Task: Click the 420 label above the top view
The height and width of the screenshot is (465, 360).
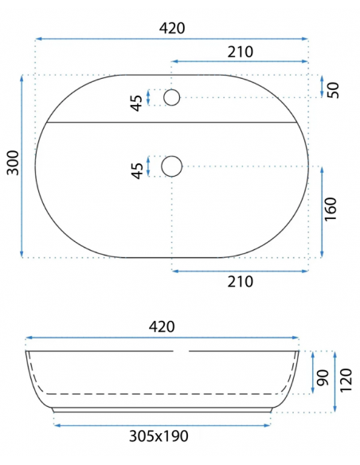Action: coord(172,29)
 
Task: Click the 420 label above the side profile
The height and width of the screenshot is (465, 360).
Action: coord(162,326)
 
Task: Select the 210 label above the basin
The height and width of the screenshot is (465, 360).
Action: coord(241,52)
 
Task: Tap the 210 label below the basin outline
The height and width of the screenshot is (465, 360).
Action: coord(241,281)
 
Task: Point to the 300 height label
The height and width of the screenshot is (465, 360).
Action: coord(13,162)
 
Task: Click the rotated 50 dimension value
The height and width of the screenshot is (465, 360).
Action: coord(333,90)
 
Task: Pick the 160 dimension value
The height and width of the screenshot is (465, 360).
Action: coord(331,209)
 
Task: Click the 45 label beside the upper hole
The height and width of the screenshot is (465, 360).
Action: coord(137,103)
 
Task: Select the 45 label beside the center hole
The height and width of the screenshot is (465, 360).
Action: coord(137,171)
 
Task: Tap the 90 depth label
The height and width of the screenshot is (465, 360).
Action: coord(323,377)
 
